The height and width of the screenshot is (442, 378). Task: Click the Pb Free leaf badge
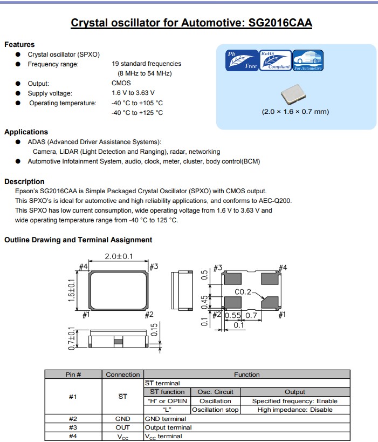pyautogui.click(x=242, y=60)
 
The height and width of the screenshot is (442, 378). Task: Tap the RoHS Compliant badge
pyautogui.click(x=276, y=60)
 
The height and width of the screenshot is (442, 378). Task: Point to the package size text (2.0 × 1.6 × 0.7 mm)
pyautogui.click(x=295, y=112)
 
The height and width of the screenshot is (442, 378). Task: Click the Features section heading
pyautogui.click(x=19, y=44)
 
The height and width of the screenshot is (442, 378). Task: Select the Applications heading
pyautogui.click(x=26, y=132)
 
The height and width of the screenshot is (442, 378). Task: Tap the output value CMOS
pyautogui.click(x=121, y=83)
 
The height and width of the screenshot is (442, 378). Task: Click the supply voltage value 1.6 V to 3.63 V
pyautogui.click(x=133, y=93)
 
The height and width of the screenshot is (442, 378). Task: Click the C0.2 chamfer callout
pyautogui.click(x=243, y=292)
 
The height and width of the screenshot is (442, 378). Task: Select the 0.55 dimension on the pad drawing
pyautogui.click(x=232, y=315)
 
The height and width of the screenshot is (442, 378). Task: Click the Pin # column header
pyautogui.click(x=73, y=374)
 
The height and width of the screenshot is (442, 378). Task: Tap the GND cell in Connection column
pyautogui.click(x=123, y=418)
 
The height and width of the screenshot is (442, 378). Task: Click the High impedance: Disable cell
pyautogui.click(x=294, y=410)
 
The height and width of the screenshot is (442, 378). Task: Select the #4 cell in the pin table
pyautogui.click(x=73, y=436)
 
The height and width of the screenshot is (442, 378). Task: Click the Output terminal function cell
pyautogui.click(x=168, y=427)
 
